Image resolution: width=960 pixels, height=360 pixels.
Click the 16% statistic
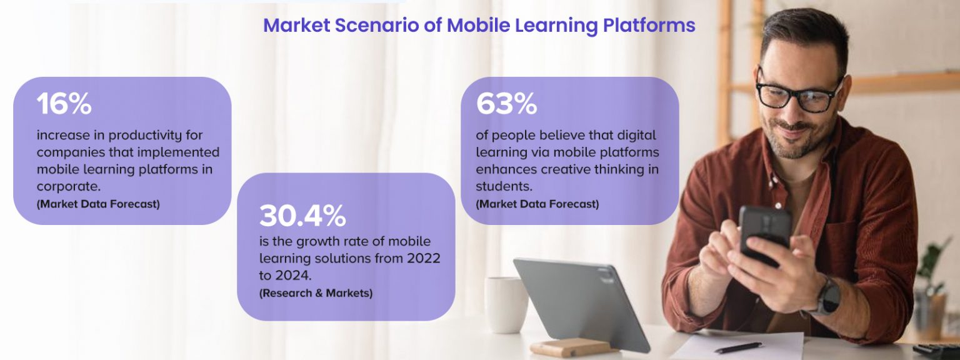click(x=64, y=104)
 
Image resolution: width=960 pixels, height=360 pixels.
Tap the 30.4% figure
click(x=302, y=216)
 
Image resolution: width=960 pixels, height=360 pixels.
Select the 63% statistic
click(x=506, y=104)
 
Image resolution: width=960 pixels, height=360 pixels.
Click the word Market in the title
click(x=296, y=26)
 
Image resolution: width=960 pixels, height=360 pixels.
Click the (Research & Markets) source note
click(x=316, y=292)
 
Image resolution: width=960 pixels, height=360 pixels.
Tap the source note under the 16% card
click(x=98, y=204)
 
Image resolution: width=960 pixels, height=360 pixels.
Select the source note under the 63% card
click(x=537, y=204)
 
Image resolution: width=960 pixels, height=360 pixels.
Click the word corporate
click(x=69, y=186)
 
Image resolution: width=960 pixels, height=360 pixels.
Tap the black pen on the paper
click(x=737, y=347)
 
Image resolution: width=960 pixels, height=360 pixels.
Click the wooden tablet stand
click(x=569, y=347)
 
